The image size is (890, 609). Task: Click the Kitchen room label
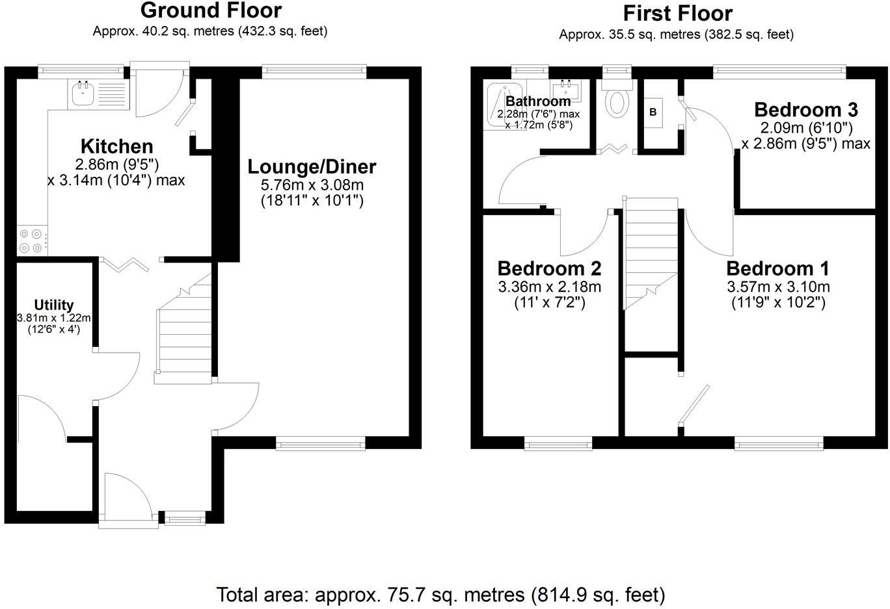pos(116,146)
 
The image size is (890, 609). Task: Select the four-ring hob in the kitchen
pos(31,240)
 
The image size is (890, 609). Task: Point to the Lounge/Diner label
pos(312,167)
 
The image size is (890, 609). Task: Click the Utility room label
pos(54,305)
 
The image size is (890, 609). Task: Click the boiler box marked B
pos(653,112)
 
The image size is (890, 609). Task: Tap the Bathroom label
pos(538,101)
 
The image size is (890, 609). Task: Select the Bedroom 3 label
pos(806,109)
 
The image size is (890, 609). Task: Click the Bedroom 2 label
pos(549,268)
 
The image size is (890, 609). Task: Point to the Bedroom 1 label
pos(777,268)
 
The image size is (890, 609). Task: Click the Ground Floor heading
pos(211,10)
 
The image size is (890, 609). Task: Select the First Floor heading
pos(677,13)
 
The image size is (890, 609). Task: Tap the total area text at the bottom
pos(440,594)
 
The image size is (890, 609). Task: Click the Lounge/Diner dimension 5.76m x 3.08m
pos(312,185)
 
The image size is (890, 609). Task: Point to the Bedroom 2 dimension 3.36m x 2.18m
pos(549,287)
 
